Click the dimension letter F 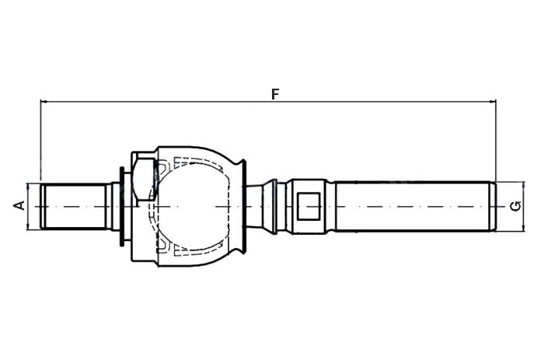(x=275, y=94)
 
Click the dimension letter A (x=19, y=205)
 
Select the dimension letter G (x=516, y=206)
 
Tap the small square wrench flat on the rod (x=309, y=206)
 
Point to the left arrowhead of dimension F (x=44, y=102)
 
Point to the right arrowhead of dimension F (x=493, y=102)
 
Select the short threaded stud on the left (x=74, y=206)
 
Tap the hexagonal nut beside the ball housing (x=143, y=180)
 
